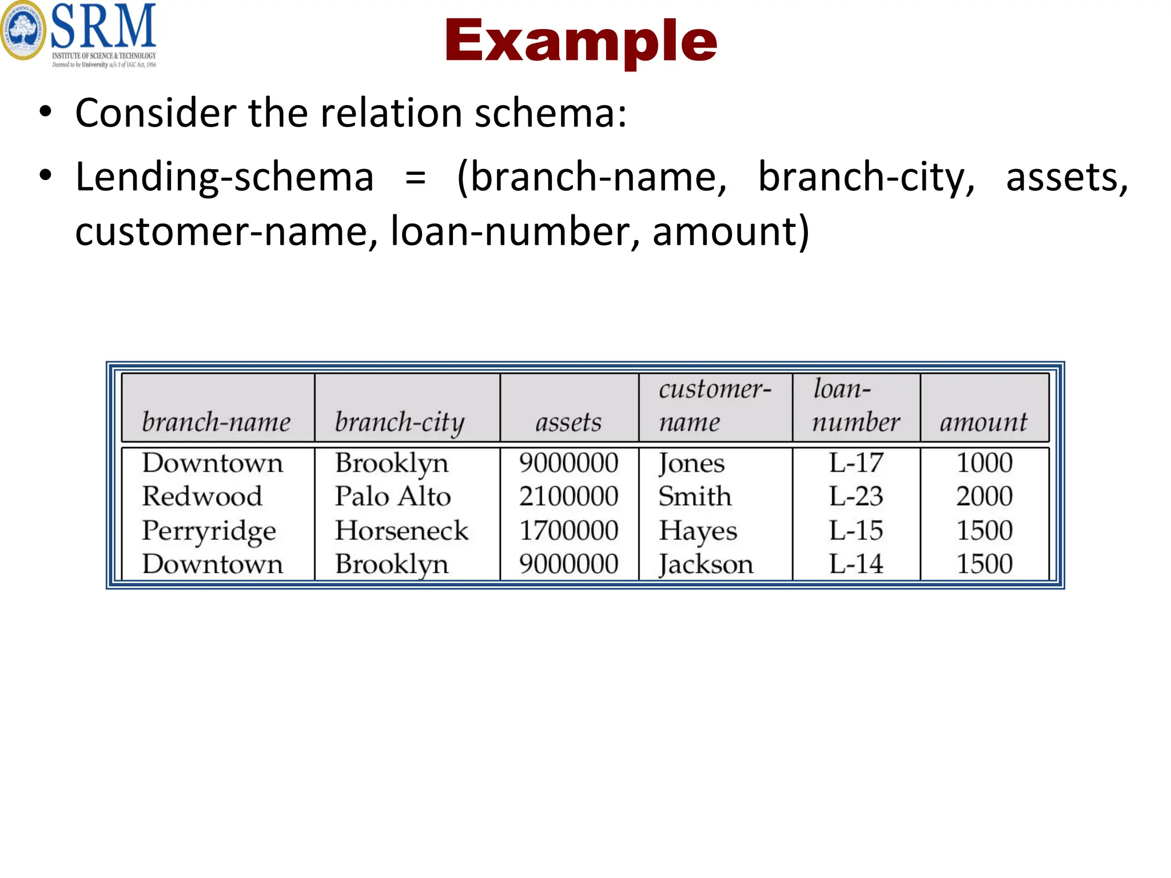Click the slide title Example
pyautogui.click(x=580, y=41)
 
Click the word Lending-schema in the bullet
pyautogui.click(x=225, y=177)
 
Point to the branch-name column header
pyautogui.click(x=216, y=422)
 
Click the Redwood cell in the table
pyautogui.click(x=202, y=496)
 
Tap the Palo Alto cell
pyautogui.click(x=393, y=496)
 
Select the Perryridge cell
pyautogui.click(x=209, y=531)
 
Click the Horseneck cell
pyautogui.click(x=401, y=530)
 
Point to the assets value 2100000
pyautogui.click(x=568, y=496)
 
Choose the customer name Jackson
pyautogui.click(x=706, y=565)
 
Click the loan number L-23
pyautogui.click(x=856, y=496)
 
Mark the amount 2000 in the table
pyautogui.click(x=984, y=496)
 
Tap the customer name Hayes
pyautogui.click(x=698, y=531)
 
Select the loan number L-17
pyautogui.click(x=856, y=462)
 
